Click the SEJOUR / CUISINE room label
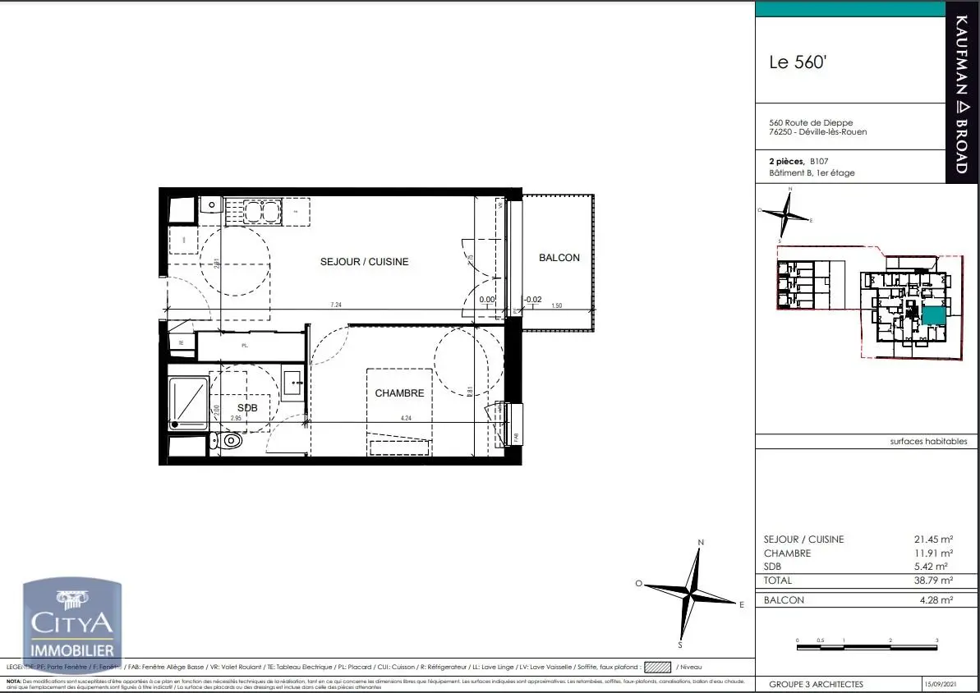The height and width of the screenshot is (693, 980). coord(364,262)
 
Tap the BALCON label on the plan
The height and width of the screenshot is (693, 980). coord(559,258)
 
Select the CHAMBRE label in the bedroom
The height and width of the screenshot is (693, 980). coord(399,393)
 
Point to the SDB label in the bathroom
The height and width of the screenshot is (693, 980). coord(247,408)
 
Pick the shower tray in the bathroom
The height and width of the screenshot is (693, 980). coord(189,403)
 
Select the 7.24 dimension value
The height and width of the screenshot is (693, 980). coord(336,305)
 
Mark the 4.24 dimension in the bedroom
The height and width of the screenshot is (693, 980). coord(405,418)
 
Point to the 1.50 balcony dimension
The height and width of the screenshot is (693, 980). coord(557,305)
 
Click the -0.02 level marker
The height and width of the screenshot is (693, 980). coord(533,300)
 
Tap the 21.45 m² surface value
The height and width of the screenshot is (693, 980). coord(933,539)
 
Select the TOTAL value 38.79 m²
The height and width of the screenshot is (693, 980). coord(933,580)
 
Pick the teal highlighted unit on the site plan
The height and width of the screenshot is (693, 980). coord(932,314)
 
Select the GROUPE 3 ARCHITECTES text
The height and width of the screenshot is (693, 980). coord(816,684)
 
